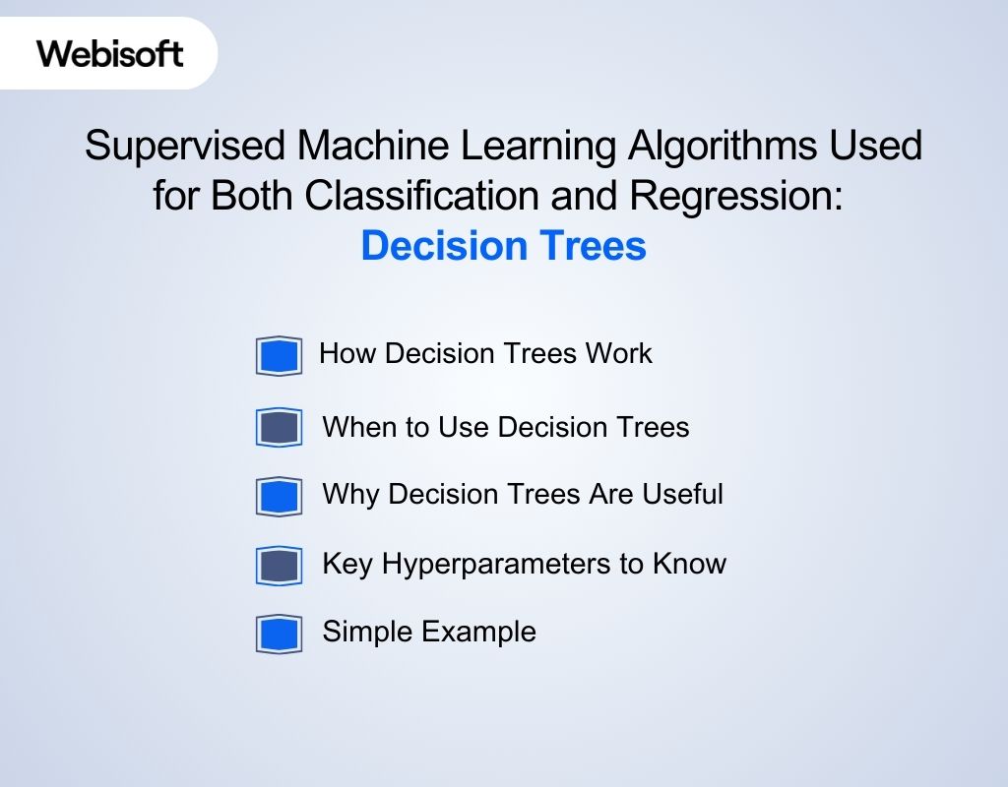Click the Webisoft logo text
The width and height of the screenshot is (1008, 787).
(x=110, y=53)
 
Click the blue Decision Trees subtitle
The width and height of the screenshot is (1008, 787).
(x=503, y=246)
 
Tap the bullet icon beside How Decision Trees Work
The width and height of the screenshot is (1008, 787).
(x=279, y=356)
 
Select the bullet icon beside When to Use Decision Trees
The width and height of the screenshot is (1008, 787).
(x=279, y=428)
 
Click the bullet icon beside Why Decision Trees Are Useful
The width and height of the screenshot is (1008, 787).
(x=279, y=497)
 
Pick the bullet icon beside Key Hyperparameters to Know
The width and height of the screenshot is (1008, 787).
(x=279, y=566)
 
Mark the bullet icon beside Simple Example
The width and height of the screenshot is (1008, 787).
(x=279, y=634)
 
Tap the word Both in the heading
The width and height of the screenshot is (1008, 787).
(x=251, y=196)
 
